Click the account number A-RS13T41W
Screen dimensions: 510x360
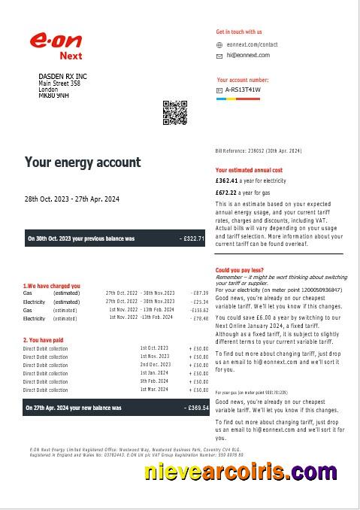tap(243, 90)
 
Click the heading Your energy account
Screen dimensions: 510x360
tap(83, 162)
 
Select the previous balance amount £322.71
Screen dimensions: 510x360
tap(193, 238)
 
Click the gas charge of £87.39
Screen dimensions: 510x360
tap(199, 293)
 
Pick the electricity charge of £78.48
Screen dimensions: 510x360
tap(199, 318)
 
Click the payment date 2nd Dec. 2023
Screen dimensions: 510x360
tap(155, 365)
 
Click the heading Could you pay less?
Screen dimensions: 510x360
tap(239, 269)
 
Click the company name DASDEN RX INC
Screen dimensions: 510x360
tap(62, 77)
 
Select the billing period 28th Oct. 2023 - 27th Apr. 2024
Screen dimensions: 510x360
tap(72, 199)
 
